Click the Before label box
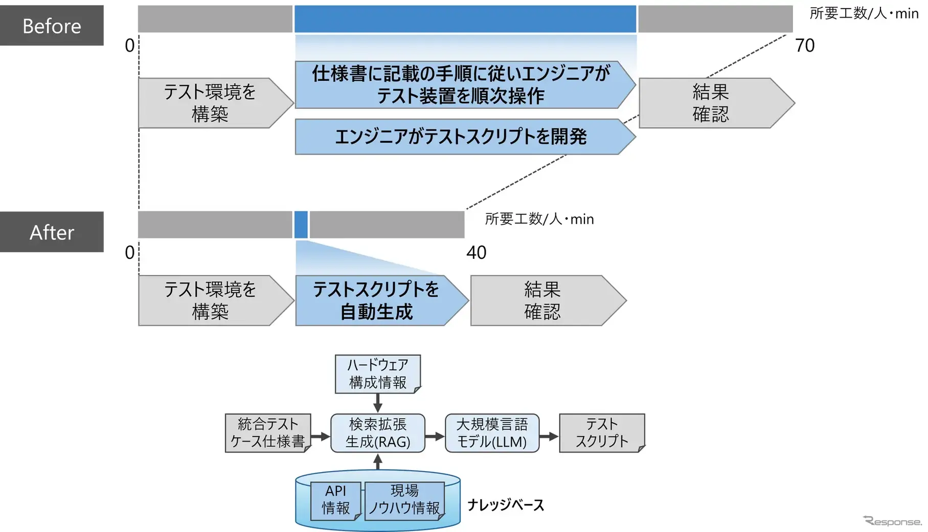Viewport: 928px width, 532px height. tap(52, 26)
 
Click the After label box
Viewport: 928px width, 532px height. tap(52, 232)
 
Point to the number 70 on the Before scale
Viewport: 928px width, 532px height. tap(804, 46)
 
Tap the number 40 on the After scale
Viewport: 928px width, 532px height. tap(476, 252)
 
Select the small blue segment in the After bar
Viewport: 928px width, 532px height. tap(301, 225)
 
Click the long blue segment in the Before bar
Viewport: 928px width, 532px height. tap(465, 19)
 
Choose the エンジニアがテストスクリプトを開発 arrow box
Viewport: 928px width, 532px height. tap(460, 137)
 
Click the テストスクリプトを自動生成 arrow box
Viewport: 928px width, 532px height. tap(377, 300)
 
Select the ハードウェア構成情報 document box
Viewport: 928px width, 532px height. tap(377, 374)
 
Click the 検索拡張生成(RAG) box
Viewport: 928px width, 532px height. tap(377, 433)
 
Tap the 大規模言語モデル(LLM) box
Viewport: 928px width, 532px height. tap(492, 433)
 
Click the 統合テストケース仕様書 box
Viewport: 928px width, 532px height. tap(267, 433)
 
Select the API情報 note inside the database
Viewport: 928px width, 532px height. tap(335, 500)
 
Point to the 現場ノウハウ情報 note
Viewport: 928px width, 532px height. tap(404, 500)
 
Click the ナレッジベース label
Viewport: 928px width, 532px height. tap(505, 505)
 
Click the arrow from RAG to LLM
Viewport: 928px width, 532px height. tap(435, 436)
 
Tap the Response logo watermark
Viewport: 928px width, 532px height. tap(892, 521)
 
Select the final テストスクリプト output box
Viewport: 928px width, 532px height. tap(602, 433)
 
